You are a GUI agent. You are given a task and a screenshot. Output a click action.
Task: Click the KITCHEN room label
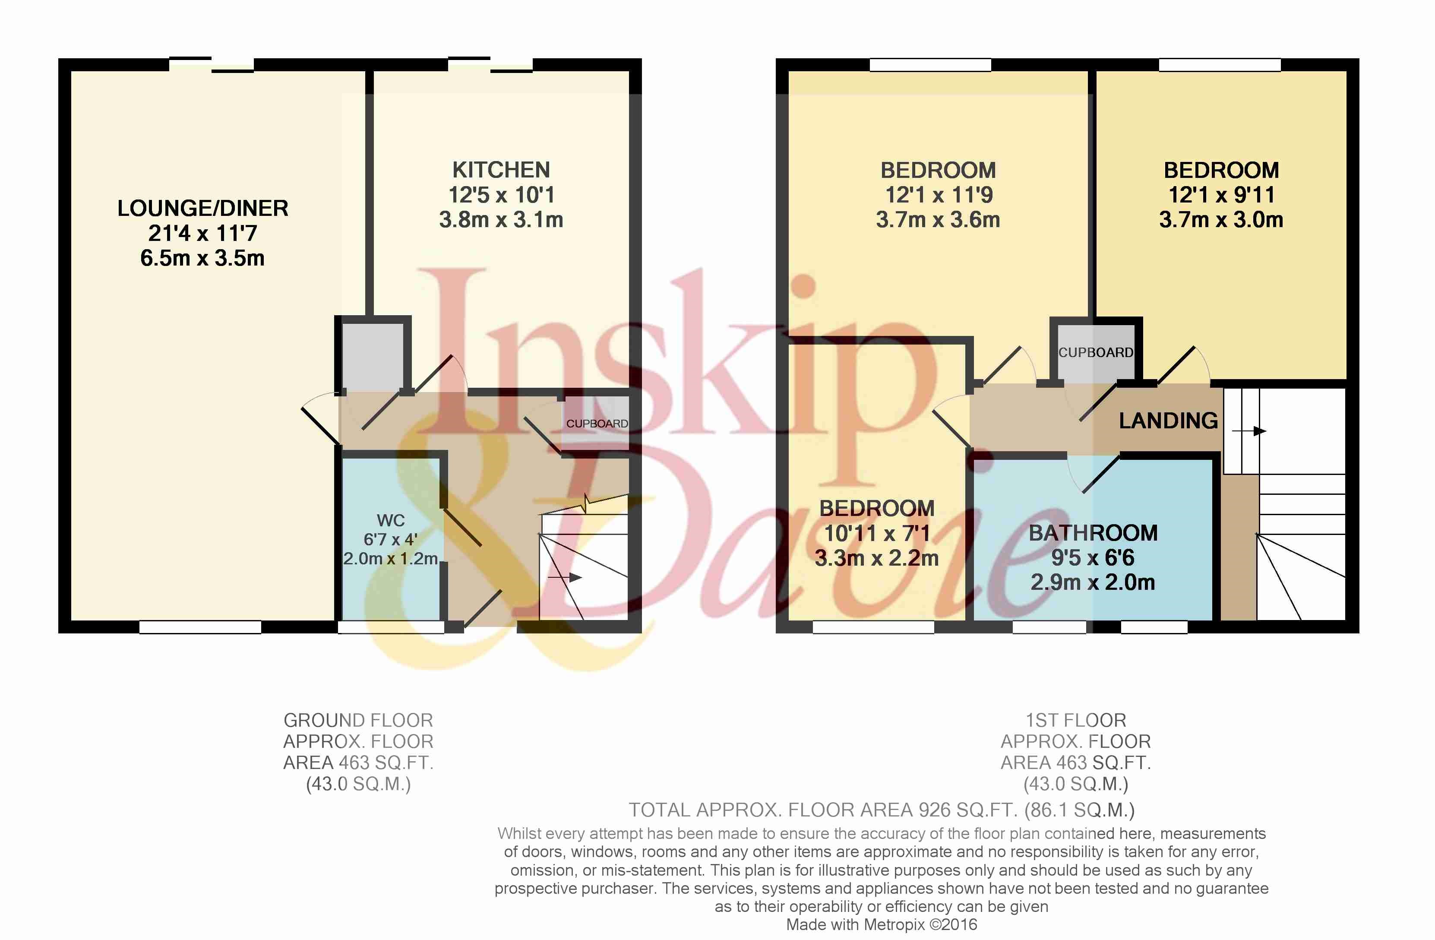tap(501, 170)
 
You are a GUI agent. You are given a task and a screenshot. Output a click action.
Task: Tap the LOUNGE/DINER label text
tap(202, 208)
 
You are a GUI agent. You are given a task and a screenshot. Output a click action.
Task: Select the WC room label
tap(391, 520)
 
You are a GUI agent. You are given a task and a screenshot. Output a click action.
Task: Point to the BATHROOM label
tap(1093, 533)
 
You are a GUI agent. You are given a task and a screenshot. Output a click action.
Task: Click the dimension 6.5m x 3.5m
tap(202, 258)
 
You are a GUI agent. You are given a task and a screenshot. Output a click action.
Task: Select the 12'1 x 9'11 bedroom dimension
tap(1222, 195)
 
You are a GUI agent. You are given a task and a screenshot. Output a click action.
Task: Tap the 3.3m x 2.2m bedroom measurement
tap(877, 558)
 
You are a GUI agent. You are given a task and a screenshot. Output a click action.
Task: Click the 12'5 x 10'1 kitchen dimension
tap(501, 195)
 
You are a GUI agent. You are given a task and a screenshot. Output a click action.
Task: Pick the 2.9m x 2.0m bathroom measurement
tap(1093, 582)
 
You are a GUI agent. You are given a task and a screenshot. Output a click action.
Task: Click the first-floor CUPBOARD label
tap(1096, 352)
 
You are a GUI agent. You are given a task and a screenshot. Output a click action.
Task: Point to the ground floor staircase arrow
tap(564, 578)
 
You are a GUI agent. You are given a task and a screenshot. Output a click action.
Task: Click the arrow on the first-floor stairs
tap(1248, 431)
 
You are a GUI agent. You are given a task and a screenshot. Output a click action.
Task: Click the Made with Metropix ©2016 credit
tap(882, 924)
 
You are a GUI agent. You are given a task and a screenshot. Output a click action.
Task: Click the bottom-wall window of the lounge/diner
tap(200, 627)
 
